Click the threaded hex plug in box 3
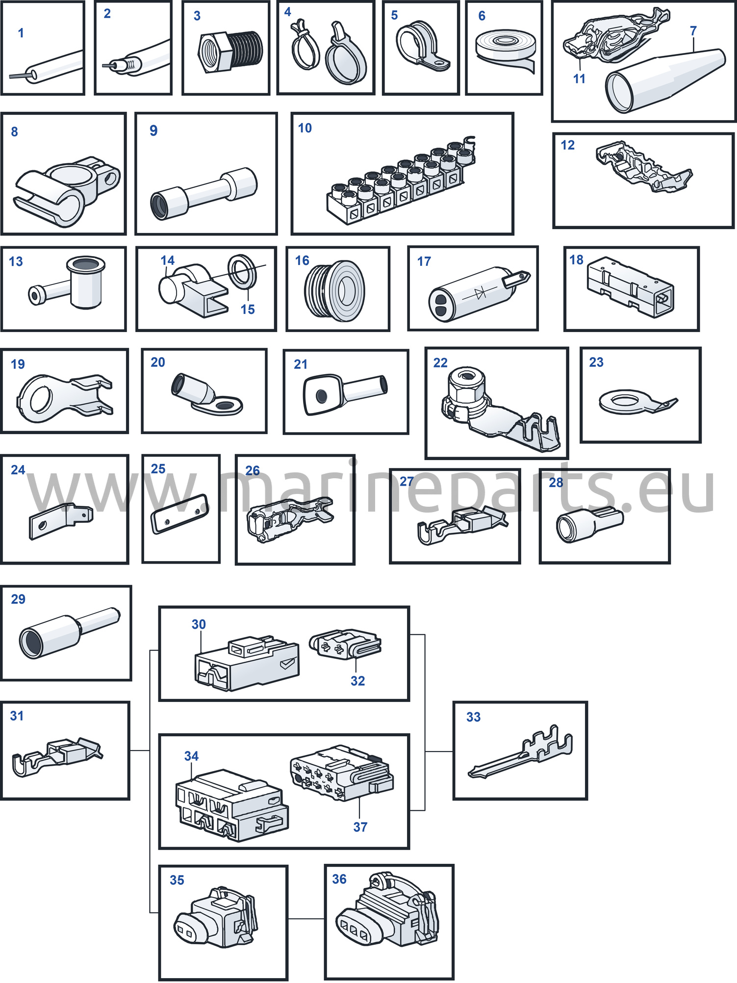click(x=230, y=51)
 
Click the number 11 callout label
click(x=579, y=78)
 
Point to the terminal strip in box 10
click(x=401, y=181)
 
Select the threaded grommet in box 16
click(x=334, y=290)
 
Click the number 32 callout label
click(x=357, y=681)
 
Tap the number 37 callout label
click(x=360, y=827)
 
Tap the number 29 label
click(x=18, y=599)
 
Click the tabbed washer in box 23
click(x=637, y=402)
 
